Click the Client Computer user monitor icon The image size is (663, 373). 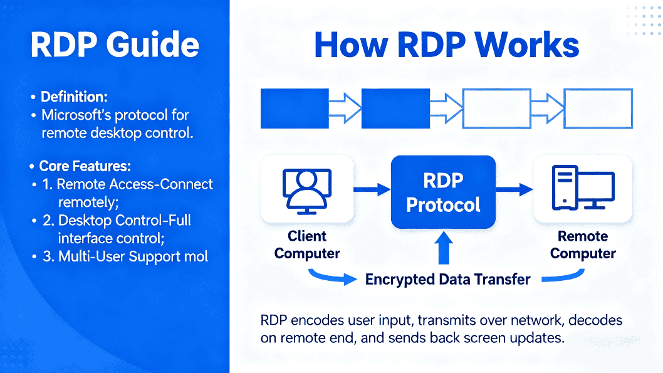pyautogui.click(x=305, y=189)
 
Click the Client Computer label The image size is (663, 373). pyautogui.click(x=307, y=245)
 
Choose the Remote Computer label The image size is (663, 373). pyautogui.click(x=583, y=245)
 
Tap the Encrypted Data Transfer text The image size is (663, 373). pyautogui.click(x=448, y=279)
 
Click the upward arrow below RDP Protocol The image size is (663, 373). pyautogui.click(x=444, y=247)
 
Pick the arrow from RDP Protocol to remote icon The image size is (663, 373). pyautogui.click(x=514, y=189)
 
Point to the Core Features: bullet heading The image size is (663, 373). pyautogui.click(x=85, y=166)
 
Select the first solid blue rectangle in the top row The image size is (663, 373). pyautogui.click(x=295, y=108)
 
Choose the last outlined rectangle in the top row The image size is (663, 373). pyautogui.click(x=598, y=108)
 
